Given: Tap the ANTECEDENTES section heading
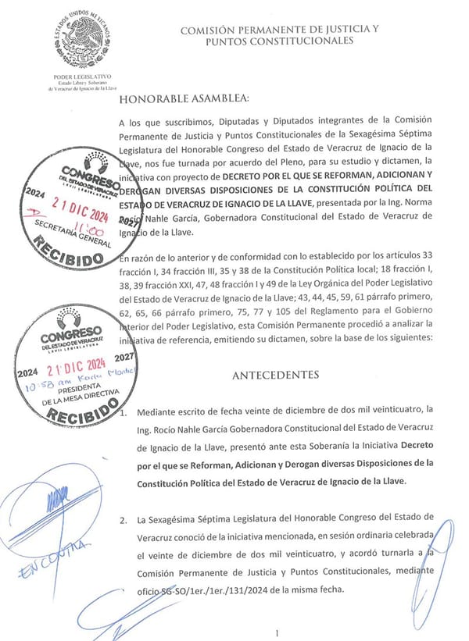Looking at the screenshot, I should [275, 375].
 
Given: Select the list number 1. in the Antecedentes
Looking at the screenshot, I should [126, 411].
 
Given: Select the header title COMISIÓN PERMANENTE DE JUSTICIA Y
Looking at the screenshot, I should [279, 30].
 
